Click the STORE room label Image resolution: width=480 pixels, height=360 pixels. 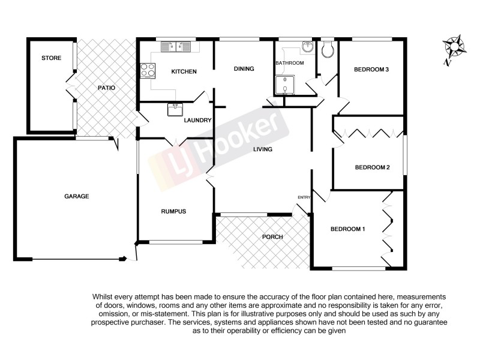(50, 58)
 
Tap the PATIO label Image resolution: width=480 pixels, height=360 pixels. (106, 88)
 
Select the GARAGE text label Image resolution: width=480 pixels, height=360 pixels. (77, 196)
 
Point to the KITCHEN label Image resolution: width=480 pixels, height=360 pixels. (184, 72)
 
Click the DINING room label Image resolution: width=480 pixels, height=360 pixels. (244, 68)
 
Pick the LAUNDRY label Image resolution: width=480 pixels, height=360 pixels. (198, 120)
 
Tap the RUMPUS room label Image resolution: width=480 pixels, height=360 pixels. (173, 211)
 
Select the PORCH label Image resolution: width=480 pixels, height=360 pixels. (272, 236)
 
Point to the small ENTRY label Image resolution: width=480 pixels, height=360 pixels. (304, 197)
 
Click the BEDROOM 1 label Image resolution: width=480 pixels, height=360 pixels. (347, 229)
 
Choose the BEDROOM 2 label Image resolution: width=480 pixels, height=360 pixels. (372, 167)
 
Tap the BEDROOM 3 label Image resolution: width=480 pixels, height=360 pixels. (371, 70)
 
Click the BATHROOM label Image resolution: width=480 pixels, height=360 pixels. (289, 63)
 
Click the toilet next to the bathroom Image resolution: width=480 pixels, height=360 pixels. (328, 50)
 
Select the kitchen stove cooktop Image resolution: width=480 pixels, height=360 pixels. (146, 71)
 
